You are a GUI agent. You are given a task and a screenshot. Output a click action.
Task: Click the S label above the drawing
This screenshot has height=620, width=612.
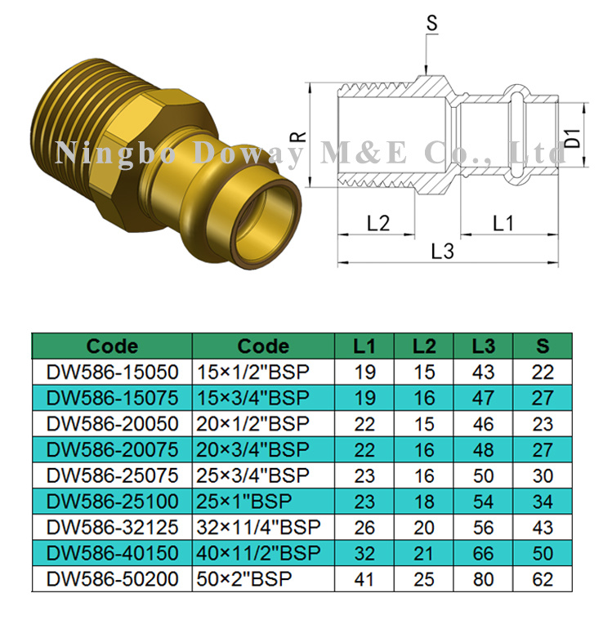[x=432, y=25]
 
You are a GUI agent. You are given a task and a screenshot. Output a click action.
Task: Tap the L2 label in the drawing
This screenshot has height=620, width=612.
[x=378, y=223]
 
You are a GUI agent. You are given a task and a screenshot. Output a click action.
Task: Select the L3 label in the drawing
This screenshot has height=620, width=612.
[x=442, y=252]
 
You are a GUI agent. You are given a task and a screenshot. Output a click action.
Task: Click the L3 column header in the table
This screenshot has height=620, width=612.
[x=484, y=346]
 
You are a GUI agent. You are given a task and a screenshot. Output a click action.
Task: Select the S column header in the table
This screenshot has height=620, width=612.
[x=543, y=346]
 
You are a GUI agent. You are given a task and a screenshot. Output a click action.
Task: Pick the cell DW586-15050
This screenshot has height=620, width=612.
[x=112, y=372]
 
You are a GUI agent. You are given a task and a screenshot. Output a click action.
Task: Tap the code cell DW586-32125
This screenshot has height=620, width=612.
[x=112, y=528]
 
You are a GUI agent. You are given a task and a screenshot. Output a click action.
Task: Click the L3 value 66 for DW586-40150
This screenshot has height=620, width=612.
[x=484, y=554]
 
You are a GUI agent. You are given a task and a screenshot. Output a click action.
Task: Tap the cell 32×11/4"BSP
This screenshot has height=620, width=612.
[x=259, y=528]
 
